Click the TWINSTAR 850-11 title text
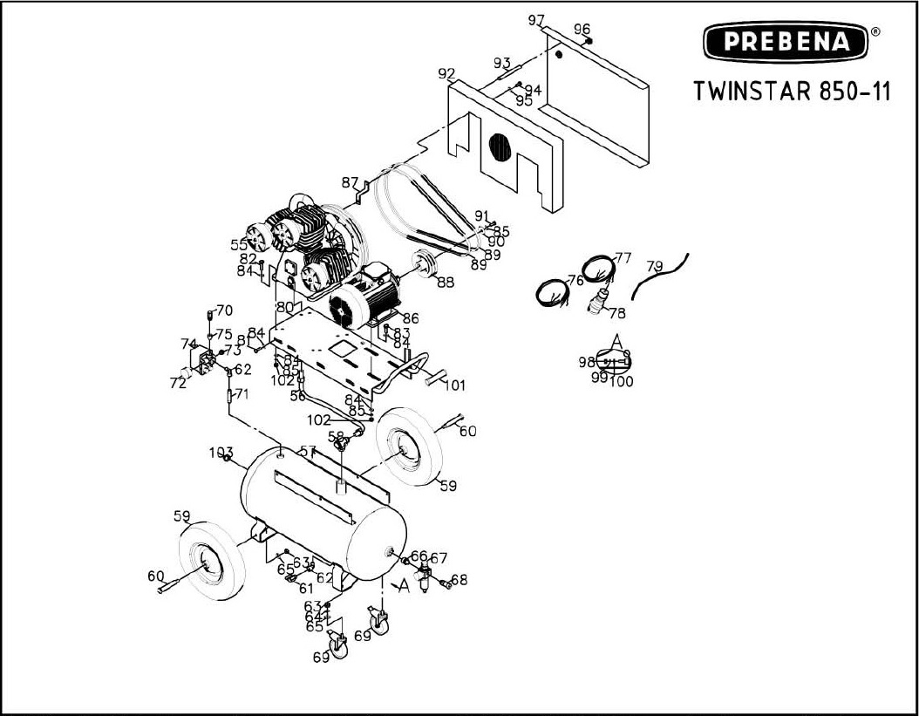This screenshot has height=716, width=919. (x=792, y=92)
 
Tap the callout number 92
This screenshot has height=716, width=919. (x=447, y=73)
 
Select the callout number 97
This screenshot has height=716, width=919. (x=536, y=21)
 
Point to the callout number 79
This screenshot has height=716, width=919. (x=655, y=265)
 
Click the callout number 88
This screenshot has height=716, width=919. (x=446, y=282)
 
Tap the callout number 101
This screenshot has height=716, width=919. (x=455, y=385)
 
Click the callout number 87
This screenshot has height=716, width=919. (x=351, y=183)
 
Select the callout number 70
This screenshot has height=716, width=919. (x=224, y=310)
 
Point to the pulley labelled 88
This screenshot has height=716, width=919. (x=425, y=263)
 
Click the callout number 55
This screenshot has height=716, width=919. (x=239, y=246)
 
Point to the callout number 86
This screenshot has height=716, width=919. (x=410, y=319)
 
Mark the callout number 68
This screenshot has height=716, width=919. (x=459, y=580)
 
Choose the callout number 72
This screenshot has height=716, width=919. (x=177, y=383)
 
